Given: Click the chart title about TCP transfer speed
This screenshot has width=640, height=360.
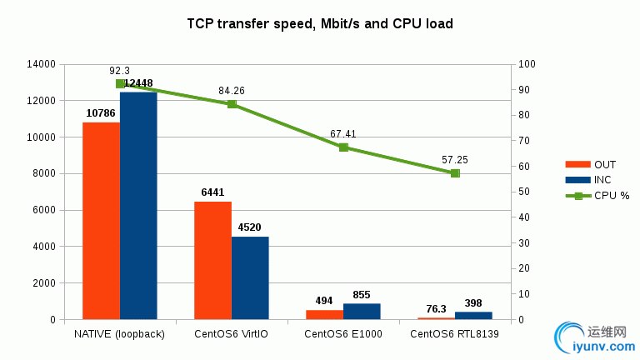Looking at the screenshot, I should [320, 24].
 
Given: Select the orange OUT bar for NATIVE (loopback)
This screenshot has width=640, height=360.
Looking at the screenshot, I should [101, 221].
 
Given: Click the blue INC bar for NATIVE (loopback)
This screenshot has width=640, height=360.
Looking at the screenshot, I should [138, 206].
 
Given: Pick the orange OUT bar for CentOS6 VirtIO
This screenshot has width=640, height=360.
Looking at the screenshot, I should [212, 260].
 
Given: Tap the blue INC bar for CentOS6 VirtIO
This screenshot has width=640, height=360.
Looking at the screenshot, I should [250, 277].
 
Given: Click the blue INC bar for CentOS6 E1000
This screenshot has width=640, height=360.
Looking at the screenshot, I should [362, 311].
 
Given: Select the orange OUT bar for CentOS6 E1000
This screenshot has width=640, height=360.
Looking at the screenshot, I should [324, 314].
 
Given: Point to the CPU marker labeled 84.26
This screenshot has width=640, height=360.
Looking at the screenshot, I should [232, 104].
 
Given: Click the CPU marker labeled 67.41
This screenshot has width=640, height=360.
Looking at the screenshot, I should [343, 147].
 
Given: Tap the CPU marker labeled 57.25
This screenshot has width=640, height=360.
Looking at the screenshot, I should [455, 173].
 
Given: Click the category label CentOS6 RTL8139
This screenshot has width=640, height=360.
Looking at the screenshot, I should [455, 335].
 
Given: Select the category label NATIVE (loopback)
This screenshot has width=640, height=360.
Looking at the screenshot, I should [120, 335].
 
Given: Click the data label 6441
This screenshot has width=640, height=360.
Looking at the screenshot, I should [212, 192].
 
